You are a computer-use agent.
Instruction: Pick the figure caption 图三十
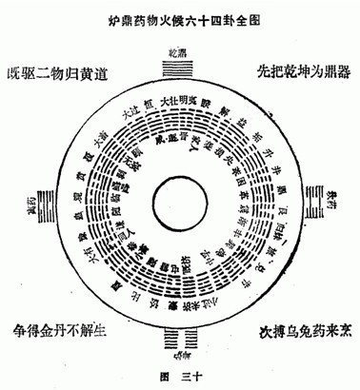(x=180, y=378)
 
